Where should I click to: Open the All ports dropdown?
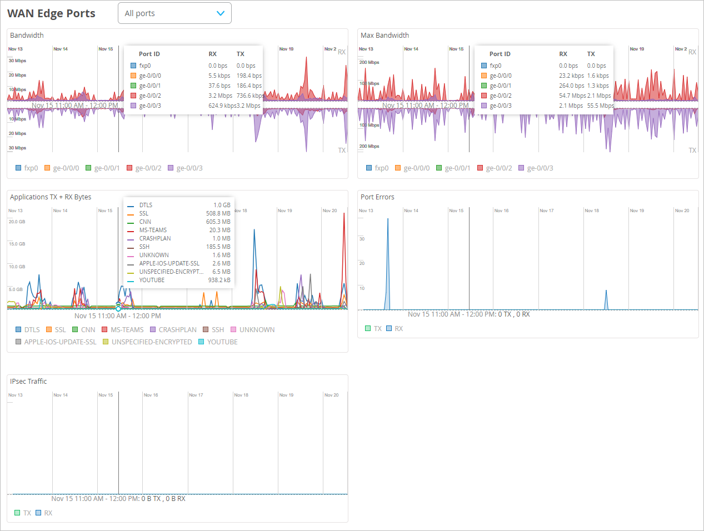pyautogui.click(x=174, y=13)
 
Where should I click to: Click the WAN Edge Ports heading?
pyautogui.click(x=51, y=13)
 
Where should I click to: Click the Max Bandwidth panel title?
pyautogui.click(x=385, y=36)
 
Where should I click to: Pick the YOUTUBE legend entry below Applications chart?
pyautogui.click(x=222, y=342)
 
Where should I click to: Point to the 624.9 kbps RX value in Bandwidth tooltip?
pyautogui.click(x=222, y=106)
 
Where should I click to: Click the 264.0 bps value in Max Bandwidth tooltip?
pyautogui.click(x=571, y=86)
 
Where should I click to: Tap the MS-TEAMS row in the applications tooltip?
pyautogui.click(x=153, y=230)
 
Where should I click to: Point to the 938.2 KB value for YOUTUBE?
pyautogui.click(x=219, y=280)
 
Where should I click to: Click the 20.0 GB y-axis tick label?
pyautogui.click(x=17, y=222)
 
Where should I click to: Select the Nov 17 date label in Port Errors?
pyautogui.click(x=547, y=211)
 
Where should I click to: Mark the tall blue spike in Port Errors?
pyautogui.click(x=388, y=261)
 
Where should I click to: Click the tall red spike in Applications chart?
pyautogui.click(x=344, y=250)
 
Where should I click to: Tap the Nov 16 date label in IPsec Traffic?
pyautogui.click(x=151, y=395)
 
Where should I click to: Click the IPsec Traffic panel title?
pyautogui.click(x=28, y=382)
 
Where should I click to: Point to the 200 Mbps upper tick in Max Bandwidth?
pyautogui.click(x=369, y=62)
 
